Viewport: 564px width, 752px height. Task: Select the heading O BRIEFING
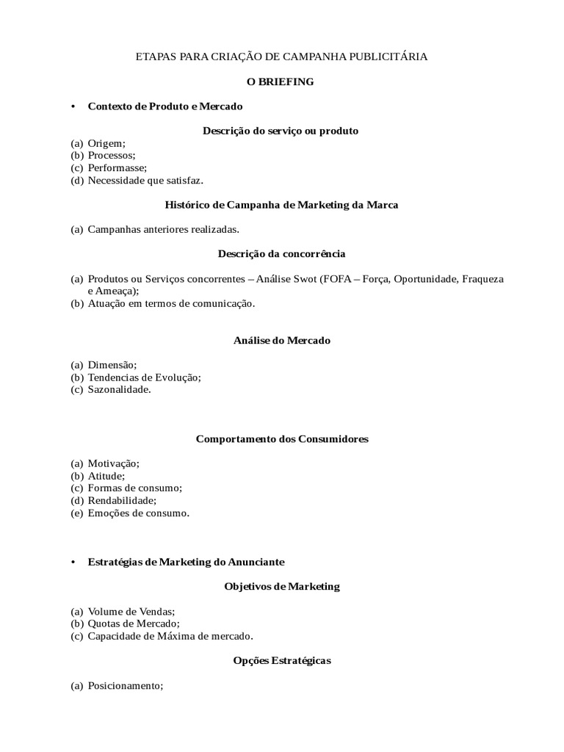point(281,82)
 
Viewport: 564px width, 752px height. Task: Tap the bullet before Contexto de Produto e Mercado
point(73,106)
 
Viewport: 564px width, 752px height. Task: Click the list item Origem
point(106,143)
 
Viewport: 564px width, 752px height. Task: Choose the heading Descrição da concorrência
point(281,254)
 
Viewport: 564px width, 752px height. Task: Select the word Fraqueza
point(480,279)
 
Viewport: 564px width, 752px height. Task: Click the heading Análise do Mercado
point(282,341)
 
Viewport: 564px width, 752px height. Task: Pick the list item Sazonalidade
point(119,390)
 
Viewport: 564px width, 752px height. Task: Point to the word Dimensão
point(112,365)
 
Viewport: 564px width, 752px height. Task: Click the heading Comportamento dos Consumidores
point(282,439)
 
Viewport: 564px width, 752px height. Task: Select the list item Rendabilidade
point(122,501)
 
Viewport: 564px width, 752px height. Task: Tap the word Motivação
point(113,463)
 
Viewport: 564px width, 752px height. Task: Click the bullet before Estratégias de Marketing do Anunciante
point(73,562)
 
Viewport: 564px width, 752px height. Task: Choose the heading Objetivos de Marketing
point(282,587)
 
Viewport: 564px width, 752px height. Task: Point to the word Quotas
point(104,623)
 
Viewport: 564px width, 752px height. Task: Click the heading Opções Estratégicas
point(282,661)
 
